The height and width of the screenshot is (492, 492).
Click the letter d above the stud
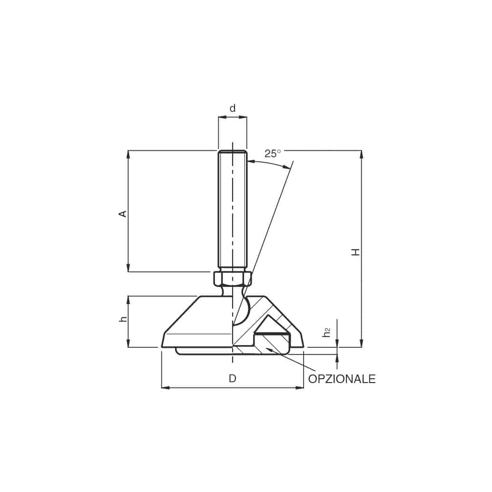233,108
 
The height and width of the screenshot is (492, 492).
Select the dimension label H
355,252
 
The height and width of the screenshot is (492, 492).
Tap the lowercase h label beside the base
124,318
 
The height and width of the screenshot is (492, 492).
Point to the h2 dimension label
326,332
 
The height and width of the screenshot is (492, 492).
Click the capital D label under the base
232,379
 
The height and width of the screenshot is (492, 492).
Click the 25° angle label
273,153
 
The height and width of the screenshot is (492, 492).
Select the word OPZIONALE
342,379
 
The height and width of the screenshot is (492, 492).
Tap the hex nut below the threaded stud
233,278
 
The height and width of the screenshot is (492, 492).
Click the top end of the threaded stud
233,152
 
